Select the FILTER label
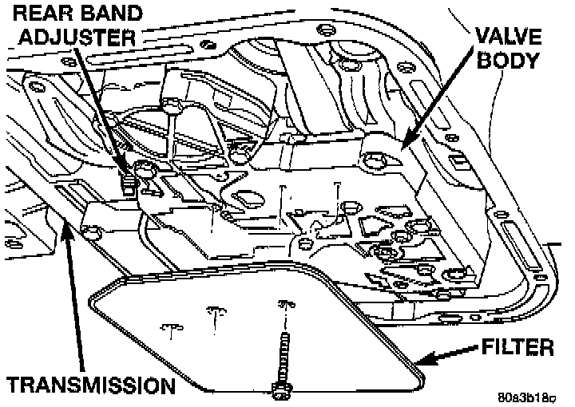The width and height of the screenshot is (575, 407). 517,349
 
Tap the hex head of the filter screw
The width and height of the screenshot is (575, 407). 281,391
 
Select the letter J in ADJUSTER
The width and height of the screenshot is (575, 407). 61,37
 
